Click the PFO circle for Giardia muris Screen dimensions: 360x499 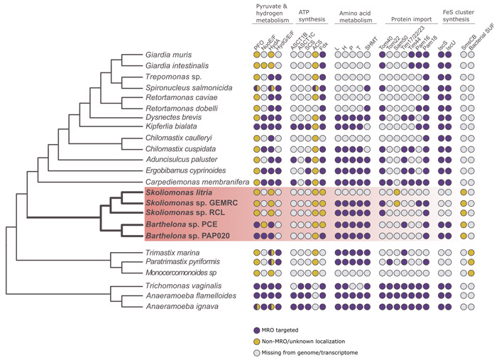[258, 54]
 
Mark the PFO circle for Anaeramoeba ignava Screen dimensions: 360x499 [258, 307]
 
